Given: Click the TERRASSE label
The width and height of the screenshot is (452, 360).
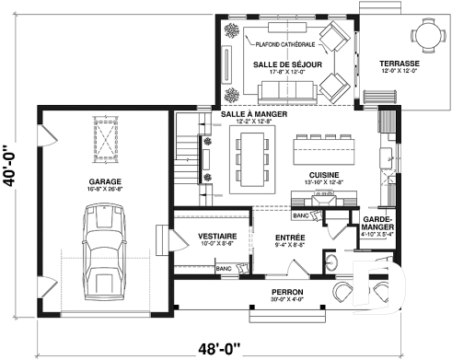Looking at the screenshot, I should point(399,64).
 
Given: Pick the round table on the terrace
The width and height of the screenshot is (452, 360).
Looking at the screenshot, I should point(429,36).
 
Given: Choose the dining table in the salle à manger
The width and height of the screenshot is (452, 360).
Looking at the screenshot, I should point(252,157).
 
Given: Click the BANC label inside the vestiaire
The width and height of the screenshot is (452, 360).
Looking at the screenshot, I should point(223,268).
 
